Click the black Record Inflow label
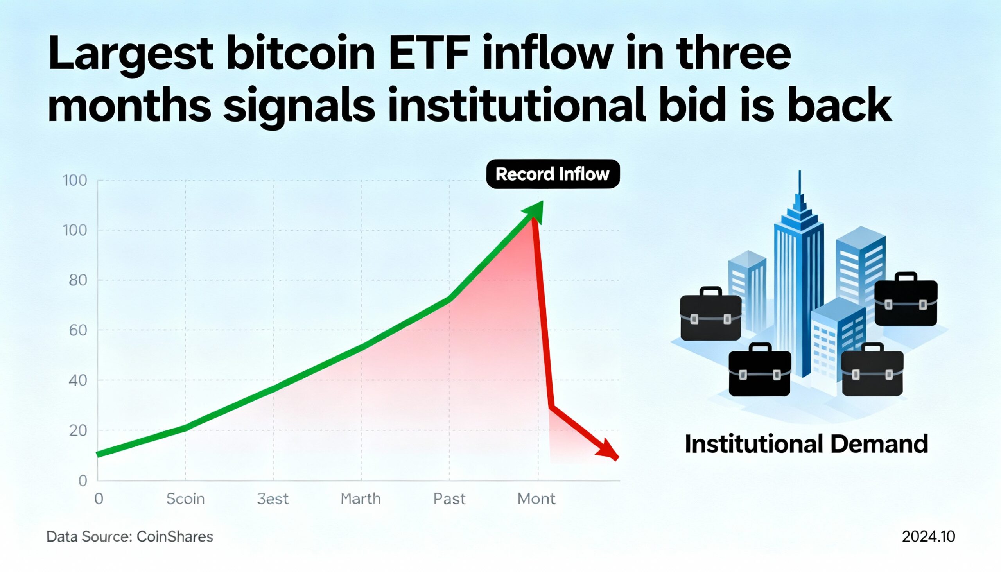(553, 174)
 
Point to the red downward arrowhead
(608, 450)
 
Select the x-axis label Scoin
(185, 499)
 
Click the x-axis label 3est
(273, 499)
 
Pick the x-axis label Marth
(361, 499)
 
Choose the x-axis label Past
(449, 499)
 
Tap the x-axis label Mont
(536, 499)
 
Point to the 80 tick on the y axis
(78, 280)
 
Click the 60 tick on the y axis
(78, 330)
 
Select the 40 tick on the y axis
(78, 380)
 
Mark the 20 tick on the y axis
(78, 430)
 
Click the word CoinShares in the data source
(175, 537)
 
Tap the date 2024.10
(928, 537)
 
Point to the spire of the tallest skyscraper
(800, 185)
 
